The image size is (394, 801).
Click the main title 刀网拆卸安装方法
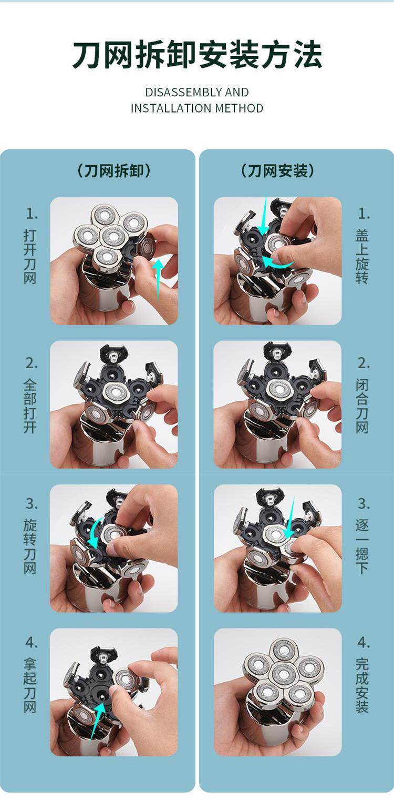(197, 55)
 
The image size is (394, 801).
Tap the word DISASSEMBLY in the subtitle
(183, 92)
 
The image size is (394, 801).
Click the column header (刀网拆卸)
(114, 171)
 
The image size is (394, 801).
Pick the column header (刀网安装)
(277, 171)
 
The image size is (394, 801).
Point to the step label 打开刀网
(30, 256)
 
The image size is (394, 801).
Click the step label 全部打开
(30, 406)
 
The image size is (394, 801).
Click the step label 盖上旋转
(362, 256)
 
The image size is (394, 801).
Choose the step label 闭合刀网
(362, 406)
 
